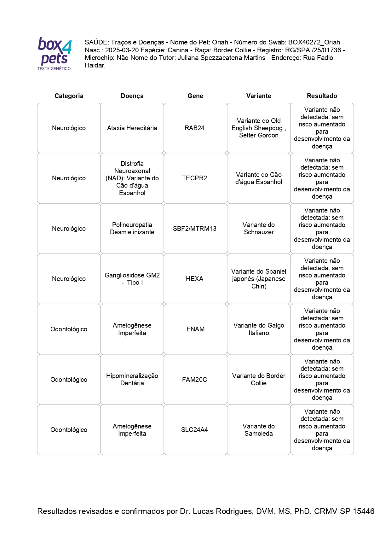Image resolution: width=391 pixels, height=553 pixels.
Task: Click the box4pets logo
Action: click(55, 54)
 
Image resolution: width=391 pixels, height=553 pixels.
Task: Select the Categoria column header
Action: click(69, 96)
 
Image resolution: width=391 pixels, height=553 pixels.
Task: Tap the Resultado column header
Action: click(322, 96)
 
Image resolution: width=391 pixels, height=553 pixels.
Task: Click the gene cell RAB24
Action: click(194, 128)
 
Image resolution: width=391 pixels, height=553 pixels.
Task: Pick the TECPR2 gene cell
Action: click(194, 178)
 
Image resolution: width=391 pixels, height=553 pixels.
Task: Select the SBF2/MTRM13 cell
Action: click(194, 229)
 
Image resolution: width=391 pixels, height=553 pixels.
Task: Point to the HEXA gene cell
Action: click(194, 279)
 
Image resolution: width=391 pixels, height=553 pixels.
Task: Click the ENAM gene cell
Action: click(195, 329)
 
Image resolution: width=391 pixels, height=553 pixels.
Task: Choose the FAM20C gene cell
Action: click(194, 380)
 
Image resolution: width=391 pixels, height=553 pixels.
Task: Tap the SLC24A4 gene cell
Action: click(194, 430)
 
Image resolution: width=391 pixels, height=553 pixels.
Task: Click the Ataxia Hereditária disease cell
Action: click(132, 128)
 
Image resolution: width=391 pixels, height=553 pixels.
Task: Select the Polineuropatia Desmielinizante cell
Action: click(132, 229)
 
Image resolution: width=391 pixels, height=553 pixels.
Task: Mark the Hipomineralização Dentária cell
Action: click(132, 380)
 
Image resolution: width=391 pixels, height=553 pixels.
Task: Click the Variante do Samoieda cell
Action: click(258, 430)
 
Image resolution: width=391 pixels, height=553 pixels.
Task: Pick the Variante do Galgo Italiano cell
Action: click(258, 329)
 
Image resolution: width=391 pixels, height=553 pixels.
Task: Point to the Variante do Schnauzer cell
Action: click(258, 229)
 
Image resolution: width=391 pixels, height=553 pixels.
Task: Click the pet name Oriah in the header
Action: click(220, 42)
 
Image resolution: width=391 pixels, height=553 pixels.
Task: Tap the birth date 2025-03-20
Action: click(122, 50)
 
